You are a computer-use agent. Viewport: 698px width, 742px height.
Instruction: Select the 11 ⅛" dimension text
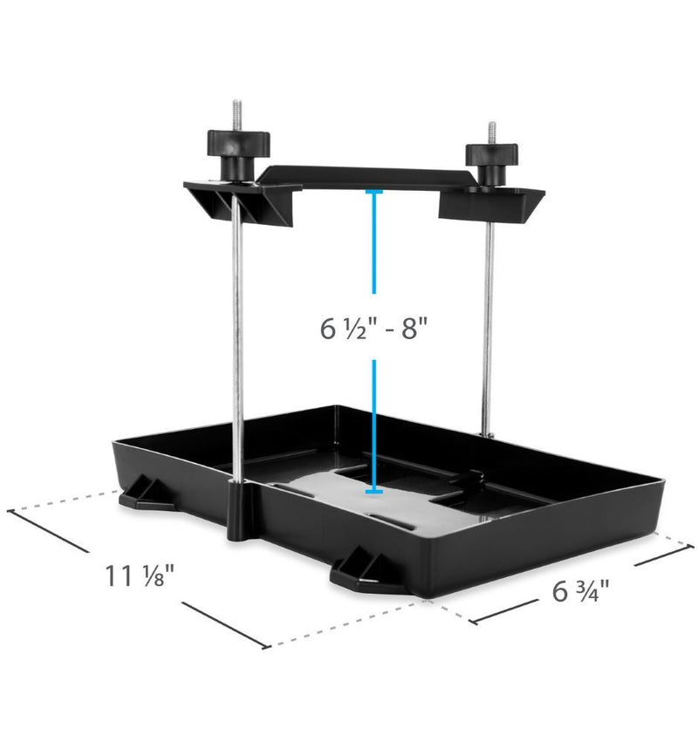coord(140,575)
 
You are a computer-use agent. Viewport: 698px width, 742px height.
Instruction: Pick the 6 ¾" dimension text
coord(580,591)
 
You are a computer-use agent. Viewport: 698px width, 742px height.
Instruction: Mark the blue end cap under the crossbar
coord(374,190)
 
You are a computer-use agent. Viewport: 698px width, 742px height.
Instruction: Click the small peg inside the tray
coord(474,478)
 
